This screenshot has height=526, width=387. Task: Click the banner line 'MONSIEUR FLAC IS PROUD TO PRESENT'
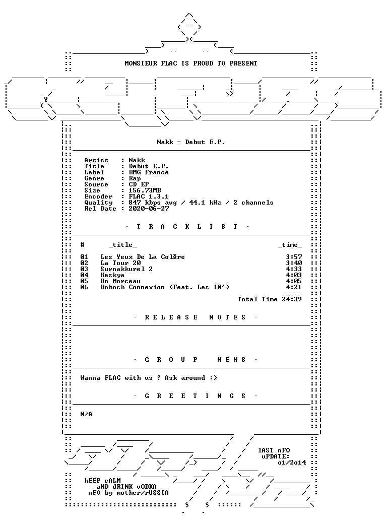(190, 63)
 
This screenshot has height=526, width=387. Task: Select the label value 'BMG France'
(148, 172)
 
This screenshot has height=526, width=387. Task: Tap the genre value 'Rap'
(135, 178)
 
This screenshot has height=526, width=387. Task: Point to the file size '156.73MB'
(145, 190)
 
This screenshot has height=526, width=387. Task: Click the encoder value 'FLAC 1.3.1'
(148, 196)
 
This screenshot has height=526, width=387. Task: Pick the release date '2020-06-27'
(149, 209)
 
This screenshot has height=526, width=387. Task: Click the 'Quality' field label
(98, 203)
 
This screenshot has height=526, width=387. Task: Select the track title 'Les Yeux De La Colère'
(142, 257)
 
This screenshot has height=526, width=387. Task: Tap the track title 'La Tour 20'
(120, 263)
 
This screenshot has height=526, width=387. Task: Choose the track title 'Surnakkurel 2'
(126, 269)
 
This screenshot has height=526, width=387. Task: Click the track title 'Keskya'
(112, 275)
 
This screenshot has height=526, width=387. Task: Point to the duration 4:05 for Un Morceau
(294, 281)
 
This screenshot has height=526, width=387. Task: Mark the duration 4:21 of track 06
(294, 287)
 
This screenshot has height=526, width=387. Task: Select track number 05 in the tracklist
(84, 281)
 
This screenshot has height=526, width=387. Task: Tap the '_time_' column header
(290, 245)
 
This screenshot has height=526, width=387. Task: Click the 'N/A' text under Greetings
(86, 414)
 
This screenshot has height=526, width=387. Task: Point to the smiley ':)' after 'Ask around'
(214, 378)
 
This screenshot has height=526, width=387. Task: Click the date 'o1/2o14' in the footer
(292, 463)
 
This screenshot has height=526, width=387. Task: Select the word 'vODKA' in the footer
(146, 487)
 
